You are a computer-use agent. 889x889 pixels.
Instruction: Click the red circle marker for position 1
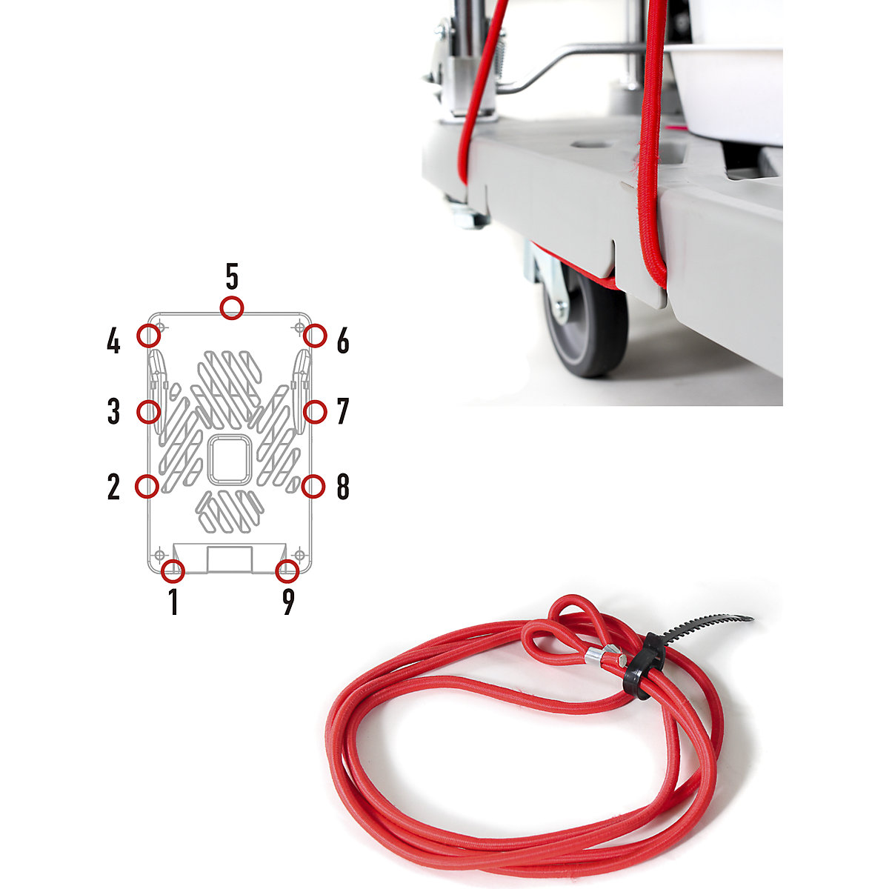pos(173,571)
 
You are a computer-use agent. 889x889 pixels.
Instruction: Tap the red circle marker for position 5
pos(232,307)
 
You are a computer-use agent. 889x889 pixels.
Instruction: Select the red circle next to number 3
pos(149,411)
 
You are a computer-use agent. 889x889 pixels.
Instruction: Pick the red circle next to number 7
pos(316,411)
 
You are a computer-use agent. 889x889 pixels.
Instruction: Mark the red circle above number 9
pos(287,571)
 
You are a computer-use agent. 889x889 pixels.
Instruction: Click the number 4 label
pos(113,342)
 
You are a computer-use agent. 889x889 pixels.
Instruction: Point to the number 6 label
pos(342,342)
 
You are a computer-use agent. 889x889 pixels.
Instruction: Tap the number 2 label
pos(113,487)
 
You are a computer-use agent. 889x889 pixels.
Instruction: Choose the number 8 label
pos(342,487)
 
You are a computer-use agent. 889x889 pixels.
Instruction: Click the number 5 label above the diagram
pos(232,277)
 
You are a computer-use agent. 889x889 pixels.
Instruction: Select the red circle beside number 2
pos(147,486)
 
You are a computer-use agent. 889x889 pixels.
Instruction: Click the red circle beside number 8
pos(314,486)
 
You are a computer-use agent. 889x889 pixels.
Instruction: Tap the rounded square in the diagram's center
pos(229,461)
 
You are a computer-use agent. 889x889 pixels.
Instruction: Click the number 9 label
pos(288,602)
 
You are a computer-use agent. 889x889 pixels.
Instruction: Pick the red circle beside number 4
pos(149,335)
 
